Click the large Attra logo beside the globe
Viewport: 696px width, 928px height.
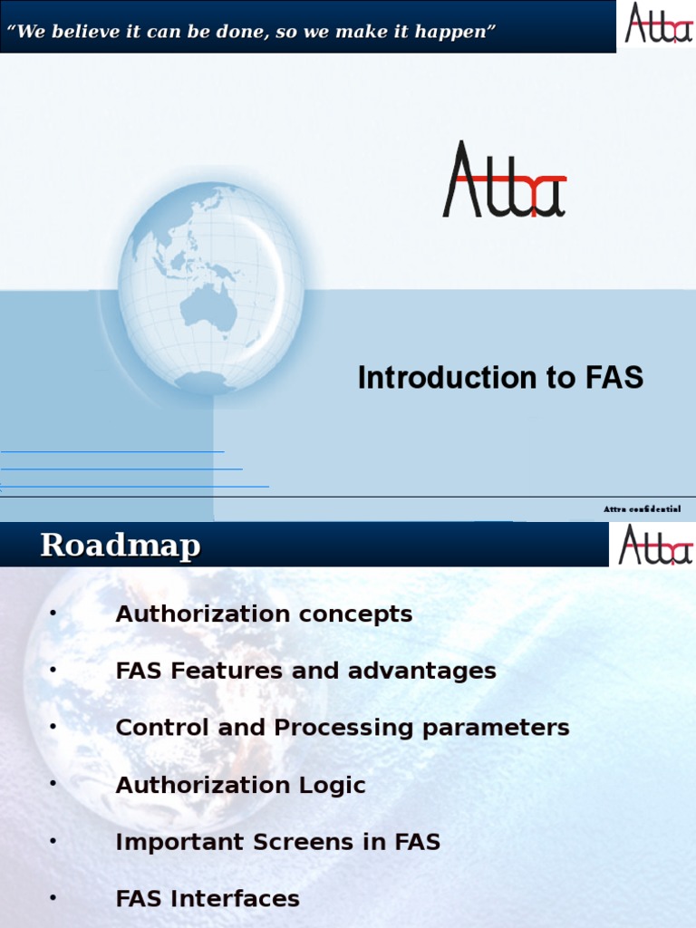click(504, 180)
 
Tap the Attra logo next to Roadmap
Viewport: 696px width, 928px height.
click(654, 545)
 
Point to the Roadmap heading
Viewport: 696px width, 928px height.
click(120, 546)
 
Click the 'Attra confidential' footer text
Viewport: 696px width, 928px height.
click(642, 509)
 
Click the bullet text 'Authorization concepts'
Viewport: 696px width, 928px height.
click(264, 614)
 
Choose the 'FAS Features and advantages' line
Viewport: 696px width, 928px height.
click(305, 672)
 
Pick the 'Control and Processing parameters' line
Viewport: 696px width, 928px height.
click(343, 728)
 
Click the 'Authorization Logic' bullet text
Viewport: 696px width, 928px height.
click(240, 786)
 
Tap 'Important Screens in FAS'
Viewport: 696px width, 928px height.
click(277, 842)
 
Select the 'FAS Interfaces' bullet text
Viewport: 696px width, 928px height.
click(208, 899)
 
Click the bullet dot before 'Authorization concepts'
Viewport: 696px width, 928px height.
click(53, 614)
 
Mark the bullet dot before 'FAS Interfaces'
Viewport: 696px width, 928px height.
click(53, 898)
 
